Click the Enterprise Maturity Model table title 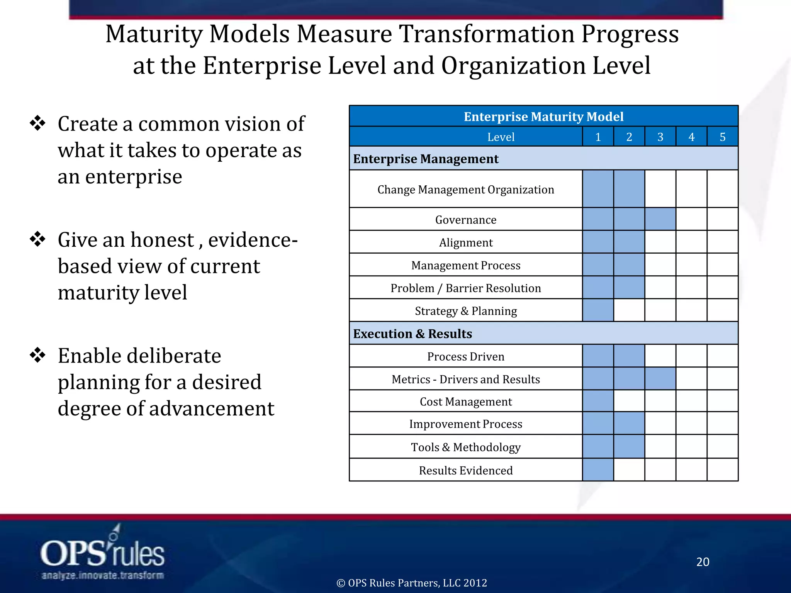(x=543, y=117)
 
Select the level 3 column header (x=660, y=137)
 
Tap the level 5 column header (x=722, y=137)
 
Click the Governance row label (x=466, y=220)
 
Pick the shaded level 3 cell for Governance (x=660, y=219)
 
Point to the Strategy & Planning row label (x=466, y=311)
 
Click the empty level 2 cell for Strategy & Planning (x=629, y=310)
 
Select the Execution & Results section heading (x=412, y=334)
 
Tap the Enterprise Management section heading (x=426, y=159)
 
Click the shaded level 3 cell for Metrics (x=660, y=379)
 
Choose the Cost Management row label (x=466, y=402)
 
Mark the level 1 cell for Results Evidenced (x=598, y=470)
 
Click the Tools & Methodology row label (x=466, y=447)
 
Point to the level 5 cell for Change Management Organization (x=722, y=189)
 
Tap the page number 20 (x=703, y=562)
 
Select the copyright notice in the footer (x=412, y=583)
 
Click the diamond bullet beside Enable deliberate (x=38, y=355)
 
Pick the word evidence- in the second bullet (x=253, y=240)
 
